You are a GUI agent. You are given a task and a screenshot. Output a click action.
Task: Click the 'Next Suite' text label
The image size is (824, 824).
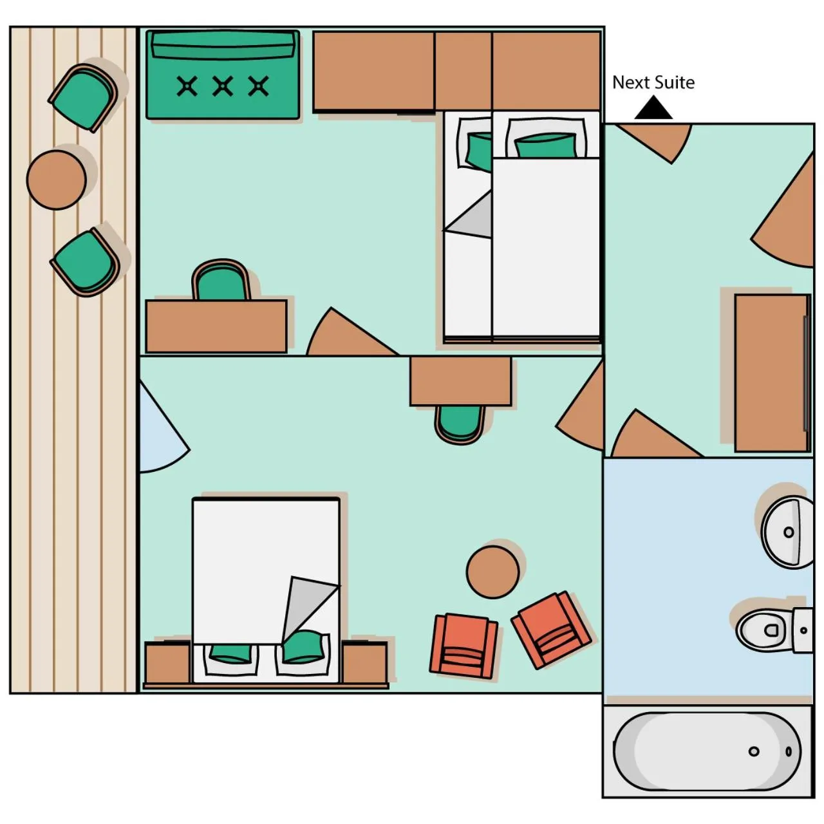click(653, 82)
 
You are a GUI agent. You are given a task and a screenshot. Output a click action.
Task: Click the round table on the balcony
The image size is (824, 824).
click(57, 180)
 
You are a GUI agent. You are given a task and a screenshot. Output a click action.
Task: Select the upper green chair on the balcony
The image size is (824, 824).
click(83, 98)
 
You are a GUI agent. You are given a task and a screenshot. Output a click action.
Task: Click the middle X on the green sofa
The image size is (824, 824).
click(223, 86)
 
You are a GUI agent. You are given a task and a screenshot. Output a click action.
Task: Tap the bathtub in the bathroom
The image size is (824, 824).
click(706, 751)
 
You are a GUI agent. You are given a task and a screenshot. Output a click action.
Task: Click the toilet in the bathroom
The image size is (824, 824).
click(766, 629)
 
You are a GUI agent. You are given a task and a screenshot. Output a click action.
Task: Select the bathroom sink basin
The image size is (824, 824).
click(787, 532)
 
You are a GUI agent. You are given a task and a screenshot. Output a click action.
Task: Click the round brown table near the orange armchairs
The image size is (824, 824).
click(492, 572)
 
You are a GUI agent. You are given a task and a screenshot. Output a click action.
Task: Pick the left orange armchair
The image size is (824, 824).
click(464, 646)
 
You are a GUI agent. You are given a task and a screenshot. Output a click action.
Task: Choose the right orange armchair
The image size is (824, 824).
click(551, 630)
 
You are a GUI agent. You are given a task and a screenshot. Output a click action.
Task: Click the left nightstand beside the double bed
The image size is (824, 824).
click(167, 663)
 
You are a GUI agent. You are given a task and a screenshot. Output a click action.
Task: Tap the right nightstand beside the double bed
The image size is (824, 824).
click(364, 663)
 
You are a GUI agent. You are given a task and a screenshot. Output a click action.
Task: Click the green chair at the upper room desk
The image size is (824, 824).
click(221, 281)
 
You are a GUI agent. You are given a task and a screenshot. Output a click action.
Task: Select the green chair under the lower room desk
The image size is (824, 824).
click(460, 423)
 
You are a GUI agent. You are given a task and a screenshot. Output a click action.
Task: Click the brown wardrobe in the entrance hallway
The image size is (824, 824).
click(771, 373)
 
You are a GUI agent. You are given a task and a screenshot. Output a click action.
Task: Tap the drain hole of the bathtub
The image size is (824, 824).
click(754, 751)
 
